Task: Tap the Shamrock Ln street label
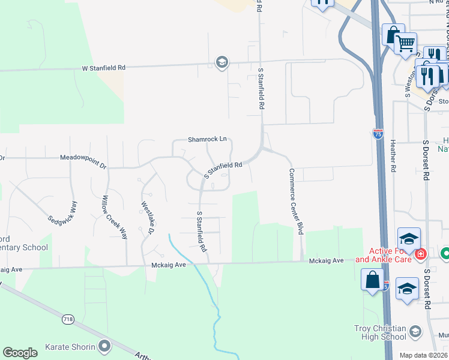pyautogui.click(x=207, y=139)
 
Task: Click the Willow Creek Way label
pyautogui.click(x=115, y=217)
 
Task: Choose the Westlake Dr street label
pyautogui.click(x=148, y=217)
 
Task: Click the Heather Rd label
pyautogui.click(x=393, y=152)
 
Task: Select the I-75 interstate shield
pyautogui.click(x=378, y=134)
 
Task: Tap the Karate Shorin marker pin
pyautogui.click(x=105, y=346)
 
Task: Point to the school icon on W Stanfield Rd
pyautogui.click(x=222, y=62)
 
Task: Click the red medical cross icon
pyautogui.click(x=421, y=254)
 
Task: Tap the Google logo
pyautogui.click(x=20, y=352)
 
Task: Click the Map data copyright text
pyautogui.click(x=424, y=355)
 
